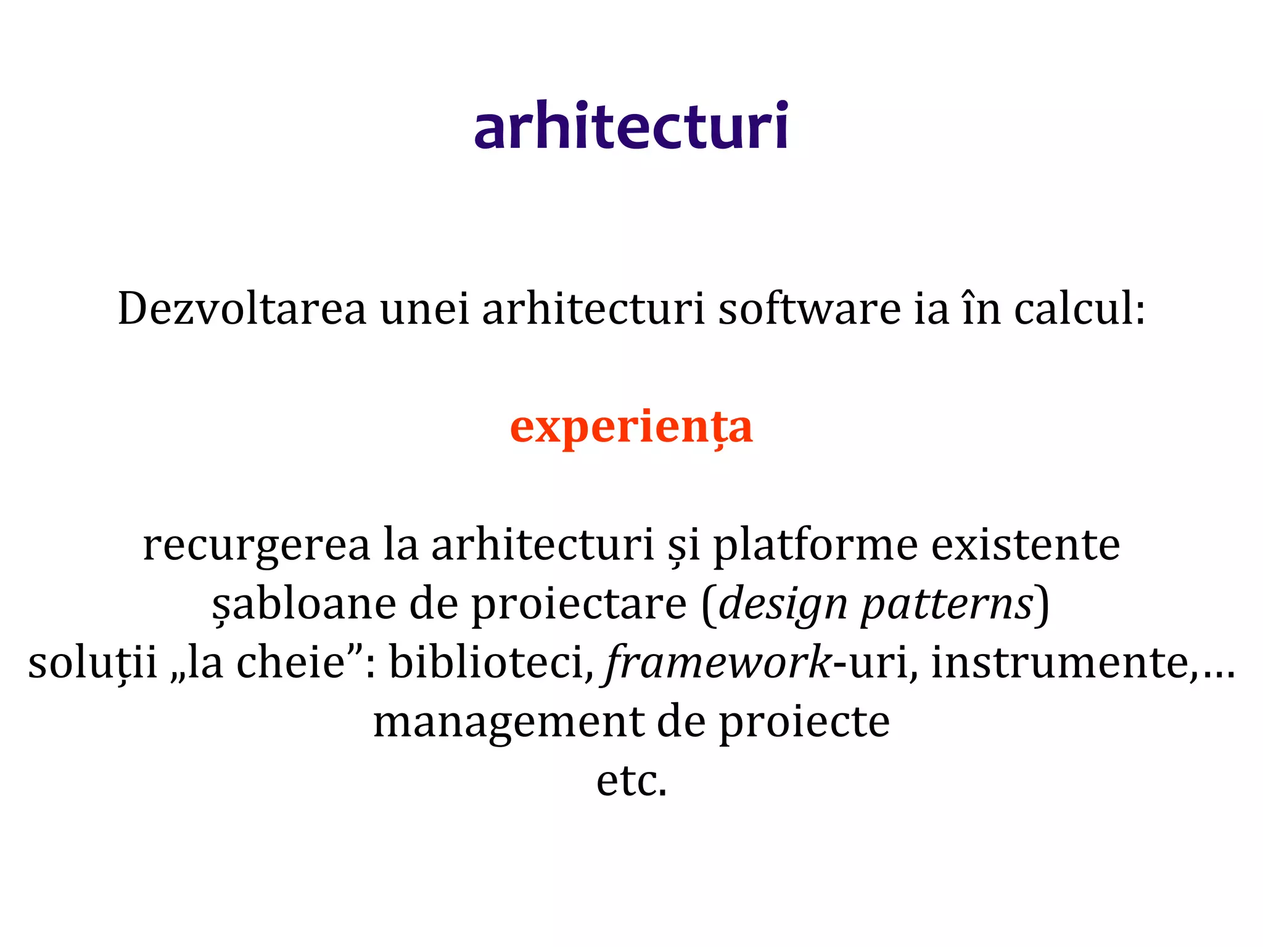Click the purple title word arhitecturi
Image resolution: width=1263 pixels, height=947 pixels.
[631, 126]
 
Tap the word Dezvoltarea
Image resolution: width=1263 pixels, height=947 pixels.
[242, 308]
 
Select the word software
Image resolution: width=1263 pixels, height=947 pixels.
[809, 308]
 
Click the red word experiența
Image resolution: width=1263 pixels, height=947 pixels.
[631, 427]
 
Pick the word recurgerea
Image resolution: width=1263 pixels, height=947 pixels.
[257, 545]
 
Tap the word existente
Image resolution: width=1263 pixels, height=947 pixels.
[1025, 545]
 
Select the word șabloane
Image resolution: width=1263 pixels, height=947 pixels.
[304, 604]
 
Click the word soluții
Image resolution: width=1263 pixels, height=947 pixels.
[93, 663]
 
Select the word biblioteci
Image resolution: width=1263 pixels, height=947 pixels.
[487, 663]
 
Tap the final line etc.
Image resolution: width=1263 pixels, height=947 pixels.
[631, 782]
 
